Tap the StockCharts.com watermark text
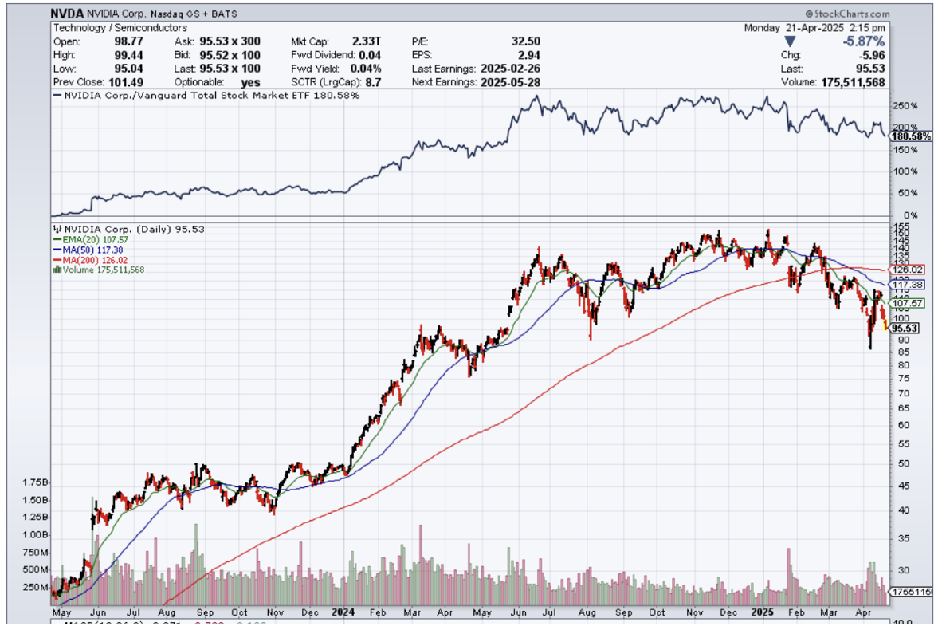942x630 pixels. (848, 14)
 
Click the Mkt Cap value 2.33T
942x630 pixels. (367, 41)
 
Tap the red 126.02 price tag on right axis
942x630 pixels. (908, 270)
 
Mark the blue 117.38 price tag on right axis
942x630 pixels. (908, 285)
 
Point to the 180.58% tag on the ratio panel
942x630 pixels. (909, 136)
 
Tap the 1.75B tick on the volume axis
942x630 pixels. (37, 483)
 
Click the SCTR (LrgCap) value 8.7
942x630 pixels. (372, 82)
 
